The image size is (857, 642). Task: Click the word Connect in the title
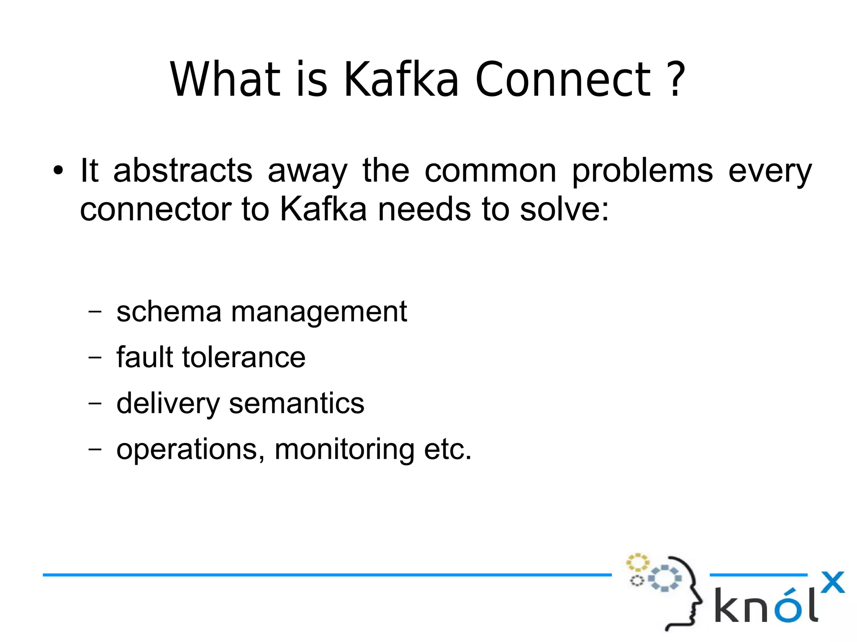pos(563,79)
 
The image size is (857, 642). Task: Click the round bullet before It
pos(58,171)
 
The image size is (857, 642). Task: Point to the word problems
pos(642,171)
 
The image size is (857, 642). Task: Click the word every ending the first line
pos(770,171)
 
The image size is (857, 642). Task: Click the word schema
pos(169,312)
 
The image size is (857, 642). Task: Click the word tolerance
pos(244,358)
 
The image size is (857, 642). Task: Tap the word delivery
pos(168,404)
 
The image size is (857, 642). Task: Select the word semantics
pos(297,404)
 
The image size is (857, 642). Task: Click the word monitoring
pos(344,450)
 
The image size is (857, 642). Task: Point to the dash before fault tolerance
pos(95,358)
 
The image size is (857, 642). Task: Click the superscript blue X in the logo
pos(832,582)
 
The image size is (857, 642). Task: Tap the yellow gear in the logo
pos(637,563)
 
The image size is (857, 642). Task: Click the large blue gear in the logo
pos(665,578)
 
